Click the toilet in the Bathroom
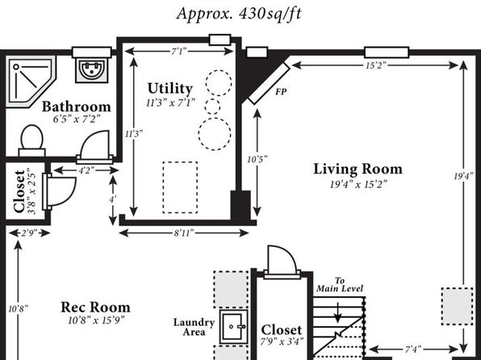click(x=32, y=140)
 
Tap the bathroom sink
click(x=92, y=70)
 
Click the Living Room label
click(x=358, y=170)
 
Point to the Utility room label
click(x=170, y=89)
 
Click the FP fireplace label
click(x=281, y=91)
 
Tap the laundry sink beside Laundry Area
click(x=234, y=327)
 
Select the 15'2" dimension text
click(x=376, y=65)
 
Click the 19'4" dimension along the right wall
click(x=464, y=176)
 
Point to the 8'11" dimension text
click(x=184, y=233)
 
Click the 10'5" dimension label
click(x=257, y=159)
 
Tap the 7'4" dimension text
click(x=413, y=350)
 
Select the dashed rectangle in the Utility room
click(x=180, y=187)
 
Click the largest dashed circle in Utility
click(x=215, y=134)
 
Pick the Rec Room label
click(x=96, y=308)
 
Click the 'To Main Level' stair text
click(x=340, y=285)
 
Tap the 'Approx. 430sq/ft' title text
click(x=239, y=14)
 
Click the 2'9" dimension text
click(x=29, y=233)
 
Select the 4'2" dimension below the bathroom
click(x=86, y=170)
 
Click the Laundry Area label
click(x=194, y=327)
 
